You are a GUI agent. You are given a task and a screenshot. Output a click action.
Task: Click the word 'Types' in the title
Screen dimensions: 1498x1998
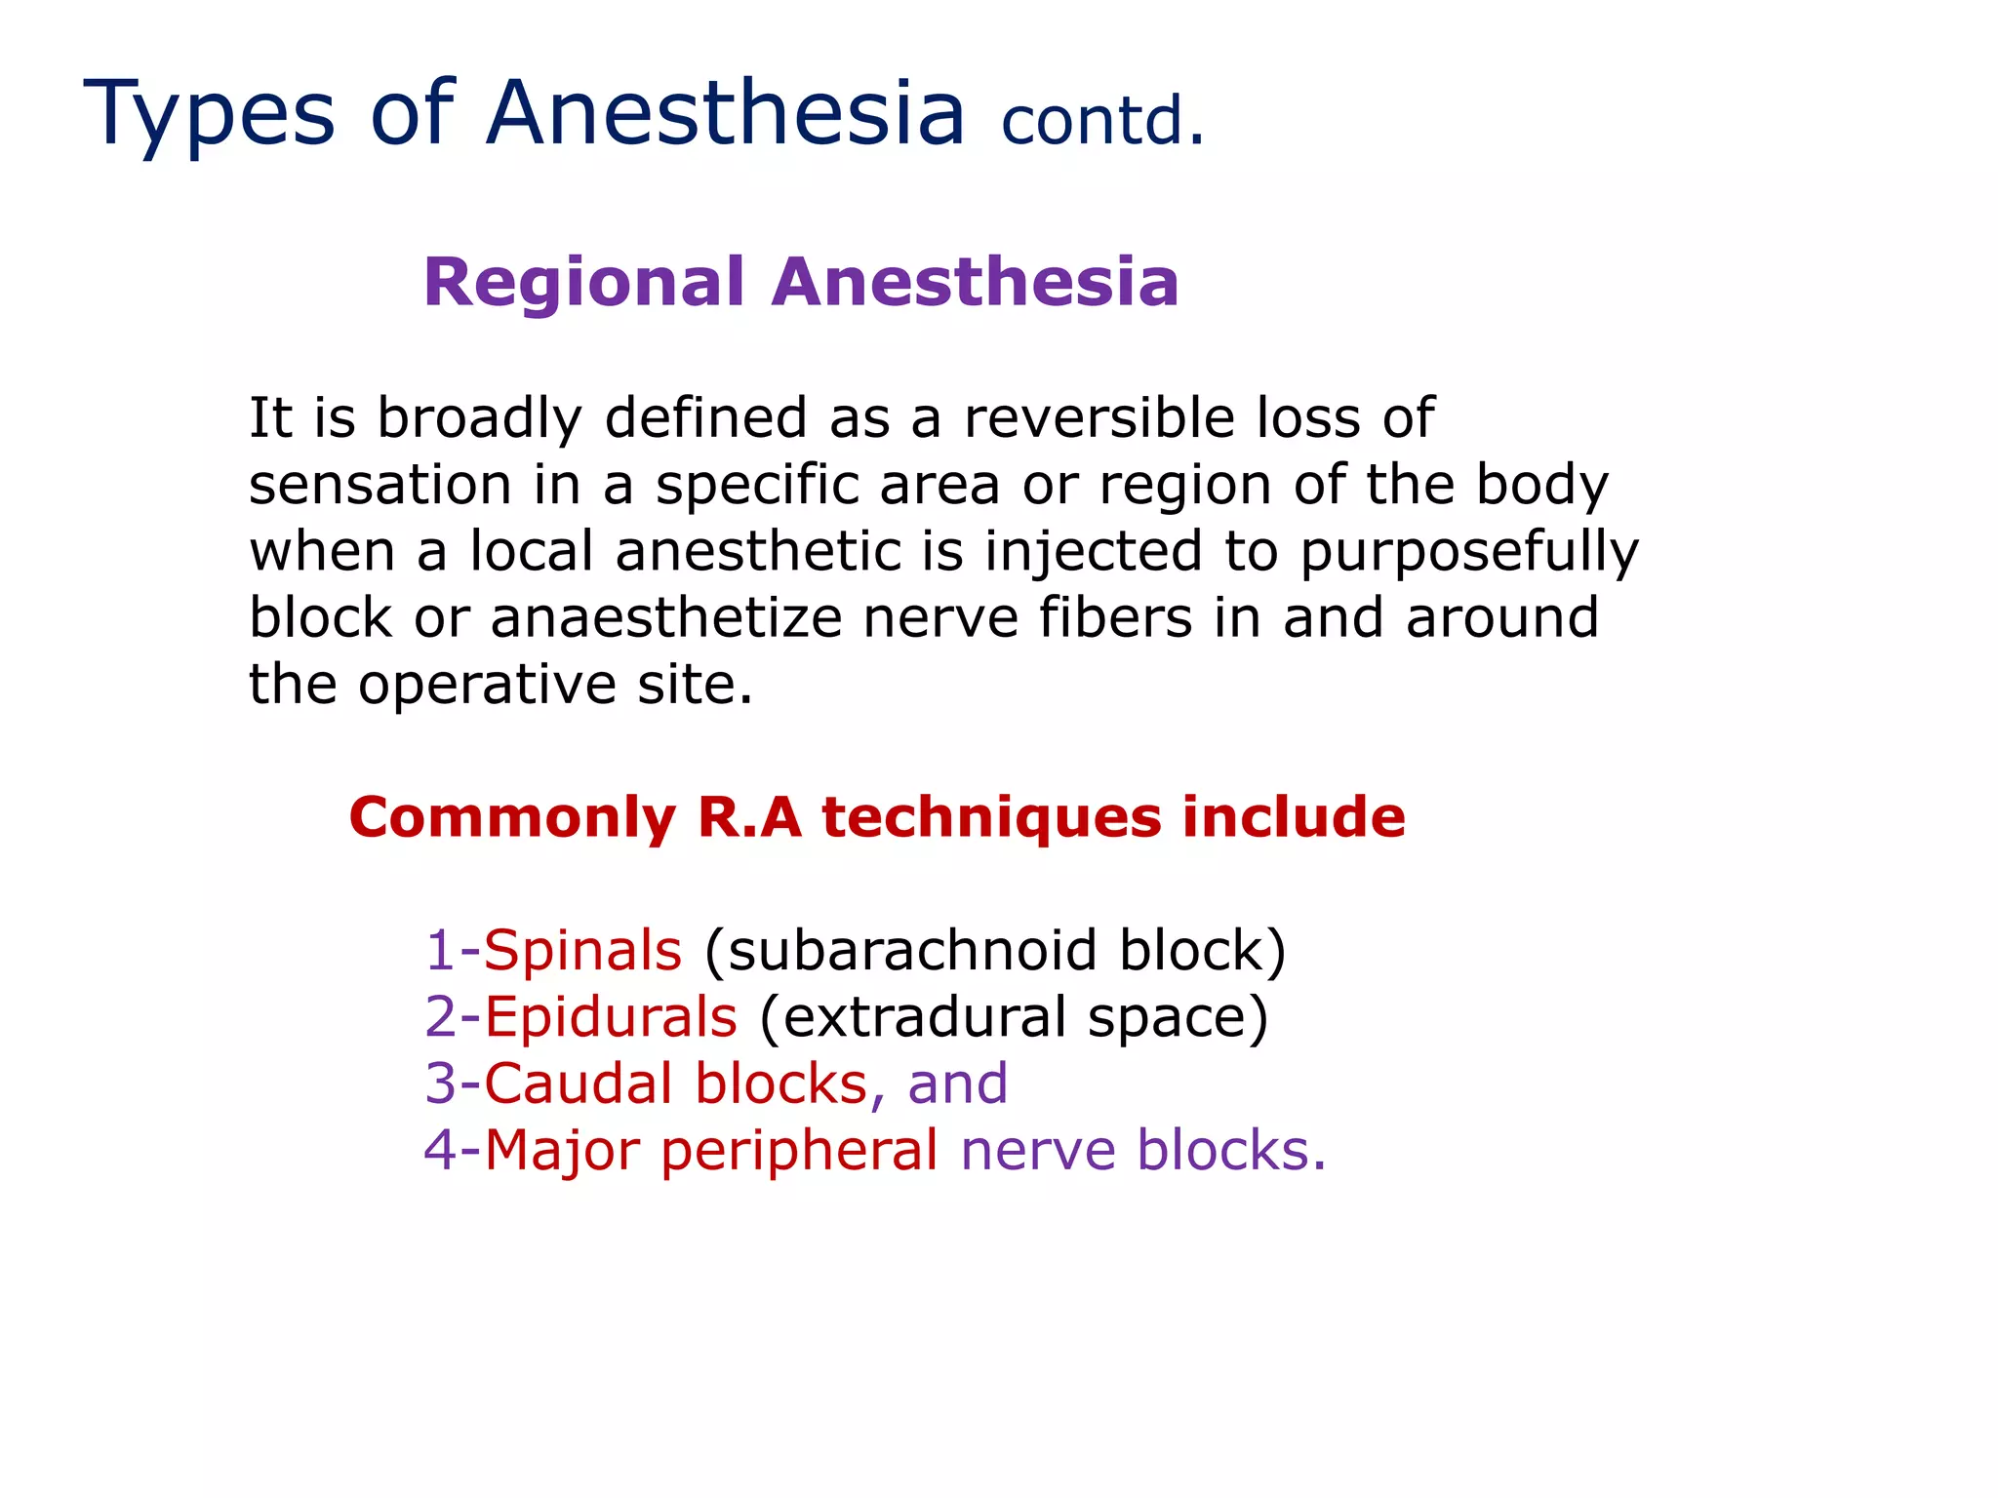coord(209,115)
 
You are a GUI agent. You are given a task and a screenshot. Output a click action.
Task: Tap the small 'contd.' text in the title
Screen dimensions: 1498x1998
coord(1102,123)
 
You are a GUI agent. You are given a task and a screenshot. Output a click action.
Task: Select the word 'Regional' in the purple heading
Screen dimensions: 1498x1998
coord(583,283)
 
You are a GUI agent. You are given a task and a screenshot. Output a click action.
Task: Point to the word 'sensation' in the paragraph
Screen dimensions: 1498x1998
coord(380,485)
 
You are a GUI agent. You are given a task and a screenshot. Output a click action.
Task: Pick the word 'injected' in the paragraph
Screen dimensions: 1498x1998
coord(1093,551)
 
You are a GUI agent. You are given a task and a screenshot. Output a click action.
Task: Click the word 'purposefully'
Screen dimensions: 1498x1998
coord(1469,553)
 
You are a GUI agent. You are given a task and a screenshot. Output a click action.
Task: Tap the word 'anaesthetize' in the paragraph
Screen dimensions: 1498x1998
coord(665,618)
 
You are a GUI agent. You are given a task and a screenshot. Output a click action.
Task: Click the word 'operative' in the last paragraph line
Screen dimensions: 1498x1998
coord(487,686)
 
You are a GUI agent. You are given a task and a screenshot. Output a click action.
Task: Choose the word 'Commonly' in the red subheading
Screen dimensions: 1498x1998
coord(512,817)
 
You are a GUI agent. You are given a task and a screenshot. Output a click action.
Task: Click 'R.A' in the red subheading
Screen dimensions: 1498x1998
coord(749,817)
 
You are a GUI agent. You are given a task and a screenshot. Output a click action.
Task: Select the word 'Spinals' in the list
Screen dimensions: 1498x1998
coord(582,951)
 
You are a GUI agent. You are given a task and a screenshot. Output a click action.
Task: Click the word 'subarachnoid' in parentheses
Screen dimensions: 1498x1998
coord(911,951)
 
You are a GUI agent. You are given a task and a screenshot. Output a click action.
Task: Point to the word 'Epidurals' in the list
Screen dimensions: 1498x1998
coord(611,1017)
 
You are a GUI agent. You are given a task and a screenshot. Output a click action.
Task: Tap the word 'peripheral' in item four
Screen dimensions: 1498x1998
coord(799,1152)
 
